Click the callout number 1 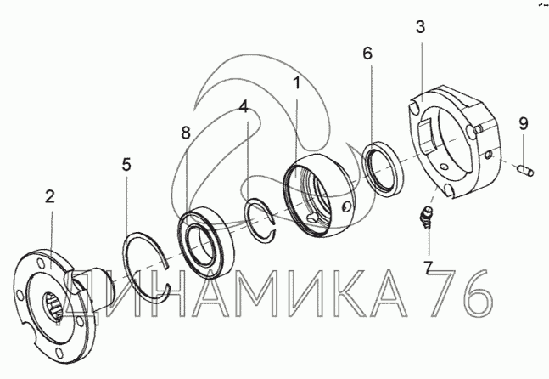[x=297, y=83]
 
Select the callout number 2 [x=50, y=196]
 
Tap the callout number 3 [x=421, y=27]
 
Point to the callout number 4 [x=244, y=106]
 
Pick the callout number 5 [x=126, y=164]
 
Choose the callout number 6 [x=367, y=54]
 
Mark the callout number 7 [x=428, y=267]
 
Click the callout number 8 [x=186, y=133]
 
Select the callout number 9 [x=523, y=123]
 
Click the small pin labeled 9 [x=525, y=171]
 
